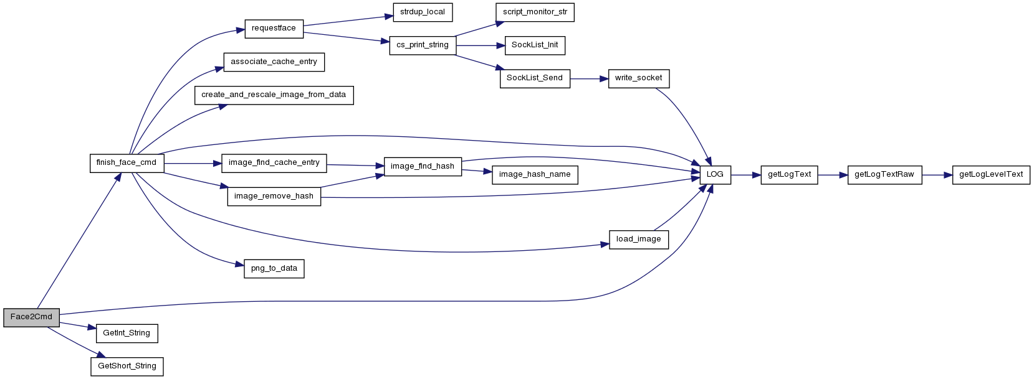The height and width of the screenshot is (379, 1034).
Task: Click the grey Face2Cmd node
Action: click(x=31, y=317)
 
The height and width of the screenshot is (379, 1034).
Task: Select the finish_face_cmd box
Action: click(x=127, y=163)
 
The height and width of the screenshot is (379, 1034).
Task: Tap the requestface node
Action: click(x=274, y=29)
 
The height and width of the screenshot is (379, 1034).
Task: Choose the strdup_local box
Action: click(x=423, y=12)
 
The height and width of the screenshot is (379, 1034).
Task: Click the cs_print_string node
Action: click(x=423, y=45)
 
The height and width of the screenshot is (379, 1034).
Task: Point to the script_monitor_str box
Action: click(x=535, y=12)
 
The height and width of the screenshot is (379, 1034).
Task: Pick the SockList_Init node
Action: click(x=535, y=45)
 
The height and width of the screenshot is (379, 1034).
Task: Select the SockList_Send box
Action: click(x=535, y=79)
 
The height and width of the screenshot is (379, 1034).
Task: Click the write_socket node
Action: click(x=639, y=79)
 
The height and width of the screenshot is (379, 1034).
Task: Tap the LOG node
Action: click(x=715, y=175)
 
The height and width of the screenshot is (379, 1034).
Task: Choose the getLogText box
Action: click(x=789, y=175)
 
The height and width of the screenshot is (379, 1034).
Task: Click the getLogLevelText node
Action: click(x=991, y=175)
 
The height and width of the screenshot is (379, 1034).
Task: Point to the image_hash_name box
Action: click(x=535, y=175)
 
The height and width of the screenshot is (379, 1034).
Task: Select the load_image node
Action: click(x=639, y=240)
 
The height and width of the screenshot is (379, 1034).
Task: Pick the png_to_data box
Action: click(x=274, y=269)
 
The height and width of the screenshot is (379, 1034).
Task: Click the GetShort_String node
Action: click(x=127, y=367)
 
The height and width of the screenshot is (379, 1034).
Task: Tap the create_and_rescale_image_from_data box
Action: click(x=274, y=95)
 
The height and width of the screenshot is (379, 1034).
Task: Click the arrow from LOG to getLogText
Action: click(x=745, y=175)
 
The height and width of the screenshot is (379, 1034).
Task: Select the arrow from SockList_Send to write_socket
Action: click(x=590, y=79)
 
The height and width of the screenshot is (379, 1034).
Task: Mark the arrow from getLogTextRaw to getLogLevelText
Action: click(x=937, y=175)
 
